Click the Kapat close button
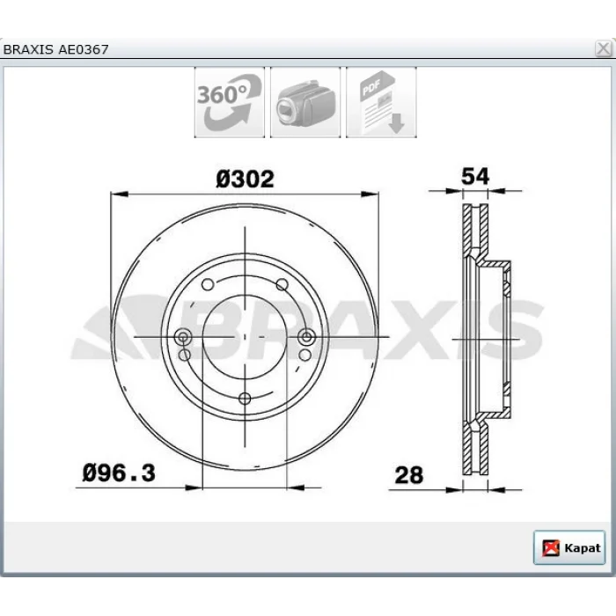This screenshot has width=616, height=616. point(568,547)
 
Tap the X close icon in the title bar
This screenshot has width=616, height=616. point(603,49)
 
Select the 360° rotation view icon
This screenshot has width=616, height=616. point(230,102)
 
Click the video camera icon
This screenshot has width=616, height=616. point(305,102)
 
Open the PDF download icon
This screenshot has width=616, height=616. point(381,102)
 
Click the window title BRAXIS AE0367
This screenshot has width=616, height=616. point(55,49)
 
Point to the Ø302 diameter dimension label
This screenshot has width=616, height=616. point(245,180)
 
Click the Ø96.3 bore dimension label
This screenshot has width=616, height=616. point(119,473)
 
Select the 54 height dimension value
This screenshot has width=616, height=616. point(475,176)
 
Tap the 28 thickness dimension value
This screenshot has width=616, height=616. point(409,475)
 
